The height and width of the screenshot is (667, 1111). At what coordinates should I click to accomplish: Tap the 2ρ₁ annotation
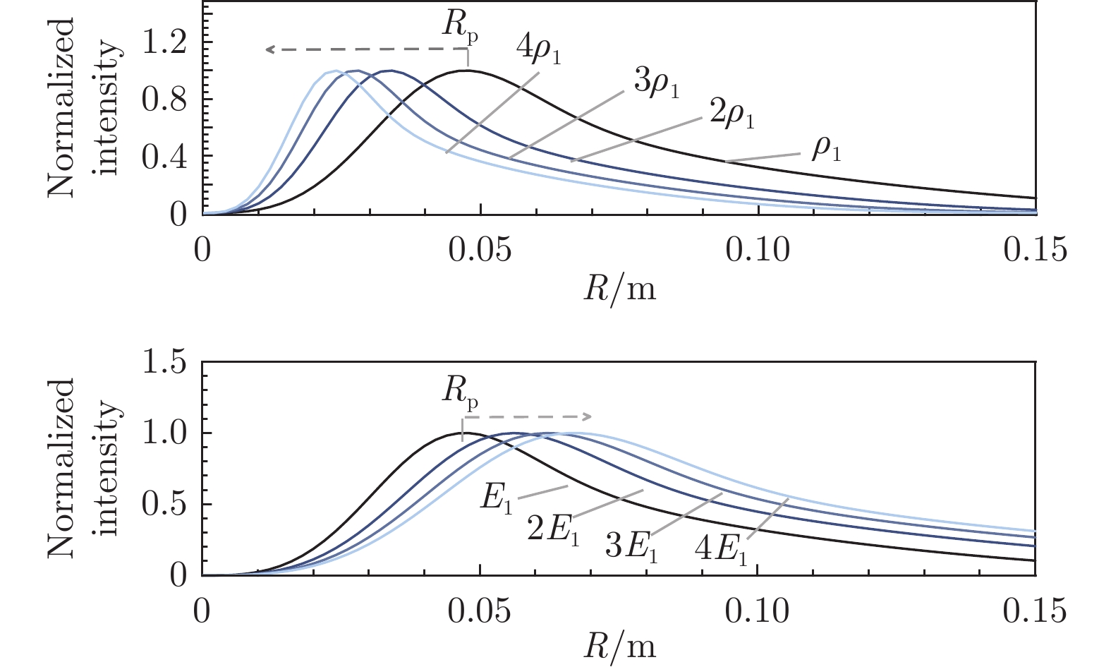tap(731, 116)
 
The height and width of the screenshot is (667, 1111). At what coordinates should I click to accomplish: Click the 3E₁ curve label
tap(631, 546)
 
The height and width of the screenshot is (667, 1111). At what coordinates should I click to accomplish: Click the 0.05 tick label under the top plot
tap(480, 250)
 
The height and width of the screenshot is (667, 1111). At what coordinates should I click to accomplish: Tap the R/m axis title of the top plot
tap(619, 288)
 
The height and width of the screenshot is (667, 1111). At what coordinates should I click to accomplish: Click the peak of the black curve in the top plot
tap(466, 70)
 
